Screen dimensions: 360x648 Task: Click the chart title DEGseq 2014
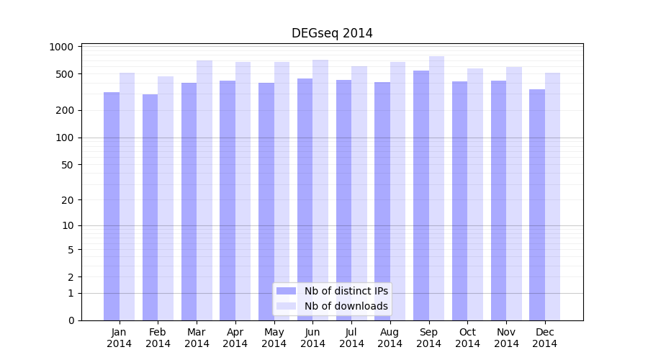tap(332, 33)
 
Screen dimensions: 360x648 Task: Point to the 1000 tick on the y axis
tap(62, 47)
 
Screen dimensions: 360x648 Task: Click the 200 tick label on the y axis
tap(65, 110)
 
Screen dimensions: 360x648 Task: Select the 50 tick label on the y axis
tap(67, 164)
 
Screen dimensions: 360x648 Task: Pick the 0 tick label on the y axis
tap(71, 320)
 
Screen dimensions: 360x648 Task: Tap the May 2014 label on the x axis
tap(274, 338)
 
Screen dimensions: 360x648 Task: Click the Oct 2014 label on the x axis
tap(467, 338)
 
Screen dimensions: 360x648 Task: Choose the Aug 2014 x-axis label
tap(390, 338)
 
